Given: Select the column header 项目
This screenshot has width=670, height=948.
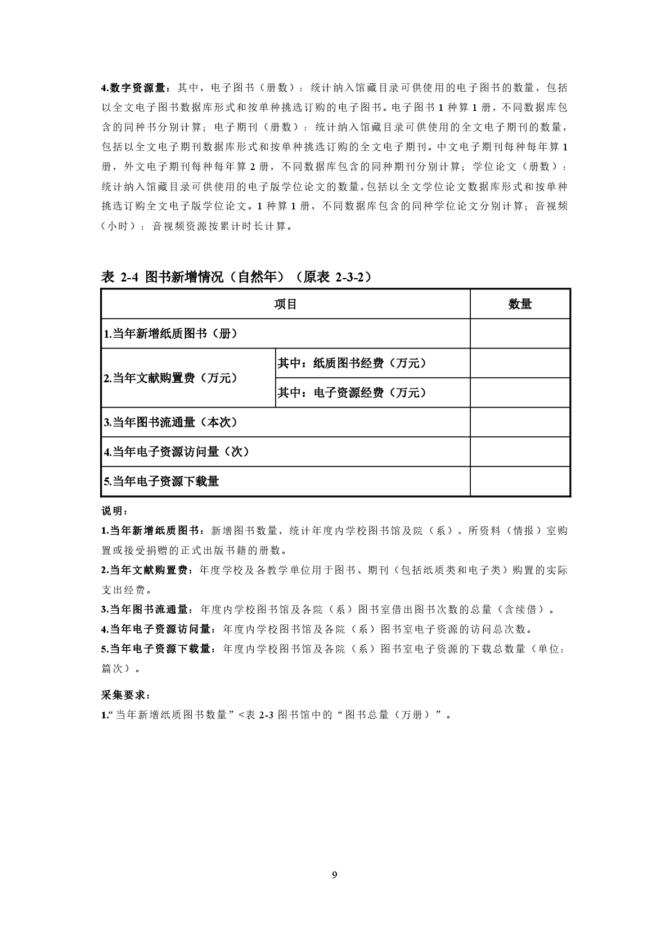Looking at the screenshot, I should pyautogui.click(x=285, y=305).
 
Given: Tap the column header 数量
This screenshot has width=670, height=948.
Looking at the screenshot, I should pyautogui.click(x=520, y=305).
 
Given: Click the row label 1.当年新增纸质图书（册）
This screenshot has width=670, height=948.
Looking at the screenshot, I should pyautogui.click(x=170, y=334).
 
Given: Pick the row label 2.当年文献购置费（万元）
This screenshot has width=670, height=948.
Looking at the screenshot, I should pyautogui.click(x=170, y=378).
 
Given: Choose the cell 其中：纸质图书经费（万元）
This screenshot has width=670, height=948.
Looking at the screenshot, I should pyautogui.click(x=352, y=364).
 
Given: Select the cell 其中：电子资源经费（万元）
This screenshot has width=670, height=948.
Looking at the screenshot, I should pyautogui.click(x=352, y=393).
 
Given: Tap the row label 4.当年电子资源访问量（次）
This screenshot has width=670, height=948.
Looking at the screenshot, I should pyautogui.click(x=176, y=452).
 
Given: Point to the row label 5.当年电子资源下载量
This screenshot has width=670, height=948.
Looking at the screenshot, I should pyautogui.click(x=161, y=482).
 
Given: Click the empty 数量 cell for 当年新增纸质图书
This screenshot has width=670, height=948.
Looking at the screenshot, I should pyautogui.click(x=520, y=334).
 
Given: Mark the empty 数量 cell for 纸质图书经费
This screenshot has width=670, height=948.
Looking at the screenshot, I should pyautogui.click(x=520, y=364).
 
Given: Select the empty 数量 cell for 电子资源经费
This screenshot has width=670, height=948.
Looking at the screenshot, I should pyautogui.click(x=520, y=393).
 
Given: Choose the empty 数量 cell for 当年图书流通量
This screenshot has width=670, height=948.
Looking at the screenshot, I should pyautogui.click(x=520, y=422).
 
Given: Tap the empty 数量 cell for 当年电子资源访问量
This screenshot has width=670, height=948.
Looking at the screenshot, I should pyautogui.click(x=520, y=452).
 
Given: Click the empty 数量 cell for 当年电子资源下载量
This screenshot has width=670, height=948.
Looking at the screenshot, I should pyautogui.click(x=520, y=482).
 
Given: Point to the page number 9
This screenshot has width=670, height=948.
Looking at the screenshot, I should pyautogui.click(x=335, y=875).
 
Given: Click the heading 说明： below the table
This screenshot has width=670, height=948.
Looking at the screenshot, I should pyautogui.click(x=115, y=511).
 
